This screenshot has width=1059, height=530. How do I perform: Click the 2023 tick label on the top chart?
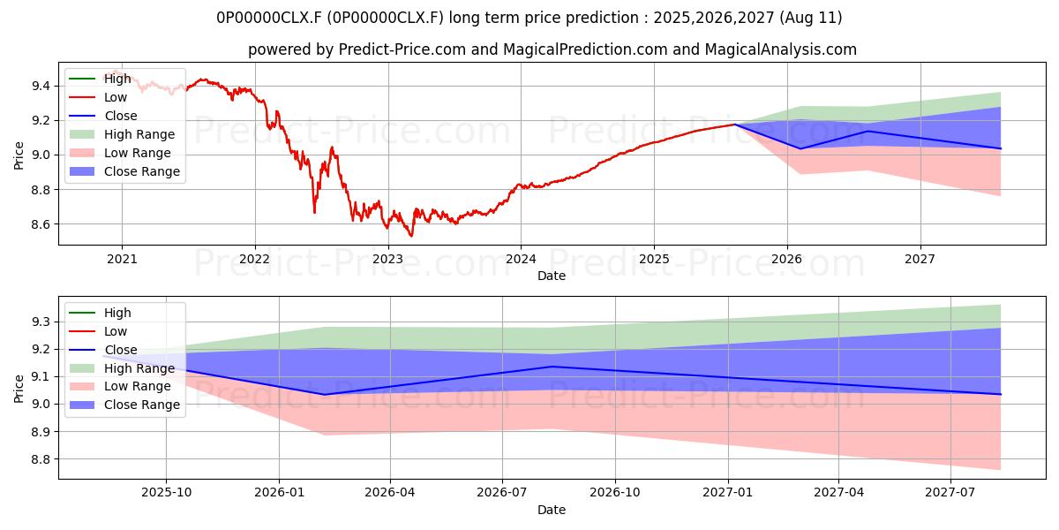[x=387, y=260]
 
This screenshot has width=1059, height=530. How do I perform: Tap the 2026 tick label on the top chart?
[x=787, y=260]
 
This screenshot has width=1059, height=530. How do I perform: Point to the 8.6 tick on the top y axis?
[x=41, y=224]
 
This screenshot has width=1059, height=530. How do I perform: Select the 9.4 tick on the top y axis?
[x=41, y=87]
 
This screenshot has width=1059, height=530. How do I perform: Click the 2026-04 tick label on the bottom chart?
[x=390, y=493]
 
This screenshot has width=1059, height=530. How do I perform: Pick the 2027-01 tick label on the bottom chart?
[x=728, y=493]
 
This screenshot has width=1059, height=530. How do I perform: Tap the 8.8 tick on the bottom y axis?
[x=41, y=459]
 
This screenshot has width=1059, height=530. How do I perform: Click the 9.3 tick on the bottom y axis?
[x=41, y=322]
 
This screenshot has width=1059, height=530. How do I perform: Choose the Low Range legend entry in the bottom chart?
[x=120, y=387]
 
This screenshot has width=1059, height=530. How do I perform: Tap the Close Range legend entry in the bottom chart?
[x=124, y=405]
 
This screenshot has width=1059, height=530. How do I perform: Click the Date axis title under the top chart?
[x=552, y=276]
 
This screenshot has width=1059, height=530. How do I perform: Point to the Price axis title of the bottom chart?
[x=19, y=389]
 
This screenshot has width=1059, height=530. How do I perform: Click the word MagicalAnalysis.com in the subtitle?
[x=780, y=49]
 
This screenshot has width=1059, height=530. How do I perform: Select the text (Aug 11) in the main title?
[x=810, y=18]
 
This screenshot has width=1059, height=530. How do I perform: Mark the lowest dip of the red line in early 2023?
[x=411, y=236]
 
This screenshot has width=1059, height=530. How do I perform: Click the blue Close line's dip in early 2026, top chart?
[x=801, y=148]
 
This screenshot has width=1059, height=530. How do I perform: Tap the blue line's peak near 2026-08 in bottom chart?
[x=552, y=367]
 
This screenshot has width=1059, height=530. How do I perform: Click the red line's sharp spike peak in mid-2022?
[x=332, y=148]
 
